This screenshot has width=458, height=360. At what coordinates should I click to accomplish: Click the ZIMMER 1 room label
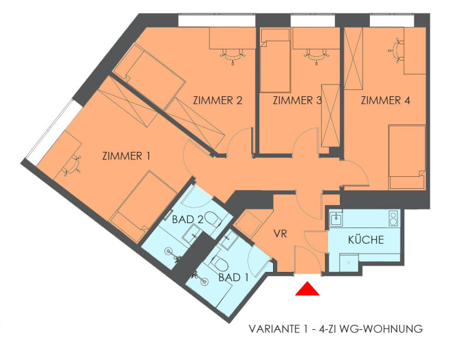(x=126, y=156)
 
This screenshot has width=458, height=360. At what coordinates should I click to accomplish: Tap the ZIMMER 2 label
(x=217, y=101)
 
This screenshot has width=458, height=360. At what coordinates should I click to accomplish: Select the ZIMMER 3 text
(x=297, y=101)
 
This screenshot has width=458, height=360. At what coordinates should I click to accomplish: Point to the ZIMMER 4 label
(x=386, y=101)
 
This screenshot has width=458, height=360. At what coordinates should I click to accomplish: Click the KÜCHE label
(x=366, y=239)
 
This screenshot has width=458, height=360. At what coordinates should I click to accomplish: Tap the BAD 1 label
(x=234, y=277)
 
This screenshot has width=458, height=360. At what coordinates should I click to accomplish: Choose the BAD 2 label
(x=187, y=219)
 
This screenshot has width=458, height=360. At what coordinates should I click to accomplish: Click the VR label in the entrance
(x=280, y=234)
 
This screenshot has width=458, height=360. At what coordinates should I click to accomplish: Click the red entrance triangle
(x=307, y=289)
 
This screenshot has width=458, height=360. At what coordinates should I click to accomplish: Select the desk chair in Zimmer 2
(x=233, y=55)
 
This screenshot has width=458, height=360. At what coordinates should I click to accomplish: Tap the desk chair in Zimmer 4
(x=396, y=51)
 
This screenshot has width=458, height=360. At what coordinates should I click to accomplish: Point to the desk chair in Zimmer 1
(x=72, y=166)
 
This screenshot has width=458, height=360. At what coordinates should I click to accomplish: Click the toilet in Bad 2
(x=212, y=219)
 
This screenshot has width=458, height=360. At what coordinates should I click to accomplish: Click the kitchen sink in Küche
(x=337, y=219)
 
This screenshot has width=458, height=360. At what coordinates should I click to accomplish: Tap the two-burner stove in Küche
(x=394, y=218)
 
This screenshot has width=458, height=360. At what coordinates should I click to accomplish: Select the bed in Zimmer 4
(x=407, y=157)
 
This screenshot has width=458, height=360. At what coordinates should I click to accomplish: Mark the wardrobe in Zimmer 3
(x=331, y=116)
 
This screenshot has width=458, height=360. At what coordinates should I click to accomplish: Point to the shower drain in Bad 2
(x=169, y=251)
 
